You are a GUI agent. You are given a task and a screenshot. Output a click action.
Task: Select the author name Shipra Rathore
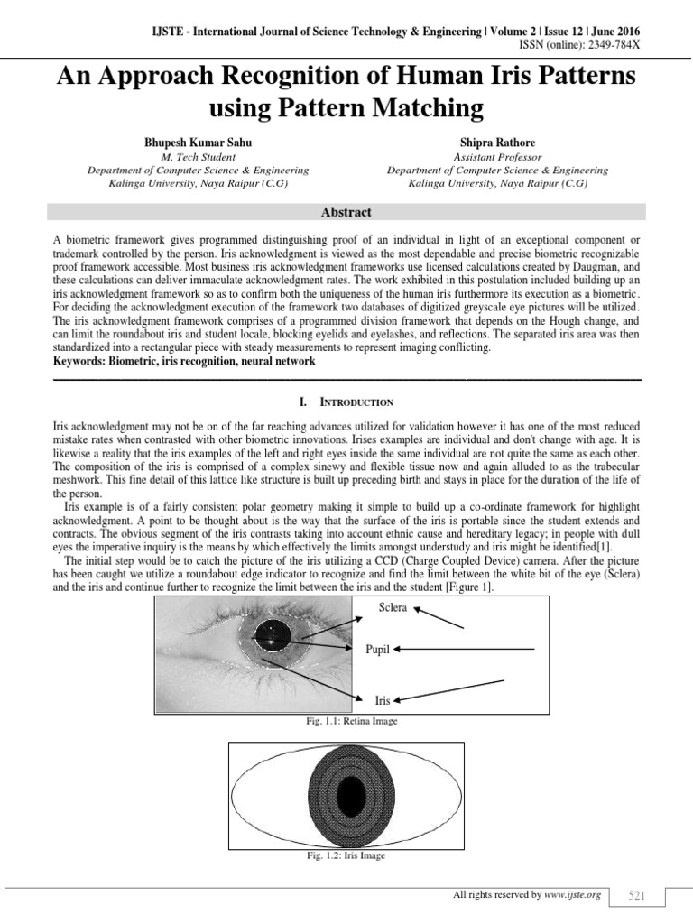(497, 143)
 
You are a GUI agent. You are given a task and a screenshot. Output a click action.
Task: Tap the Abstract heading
(346, 212)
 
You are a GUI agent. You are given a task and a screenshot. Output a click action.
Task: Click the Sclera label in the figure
(393, 607)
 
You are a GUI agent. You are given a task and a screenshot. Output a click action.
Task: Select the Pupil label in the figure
(377, 649)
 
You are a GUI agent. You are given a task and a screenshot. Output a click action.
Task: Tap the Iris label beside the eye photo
(382, 699)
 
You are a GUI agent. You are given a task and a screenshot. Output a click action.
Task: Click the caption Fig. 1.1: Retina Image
(346, 722)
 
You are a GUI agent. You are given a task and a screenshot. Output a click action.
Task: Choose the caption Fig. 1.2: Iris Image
(346, 855)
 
